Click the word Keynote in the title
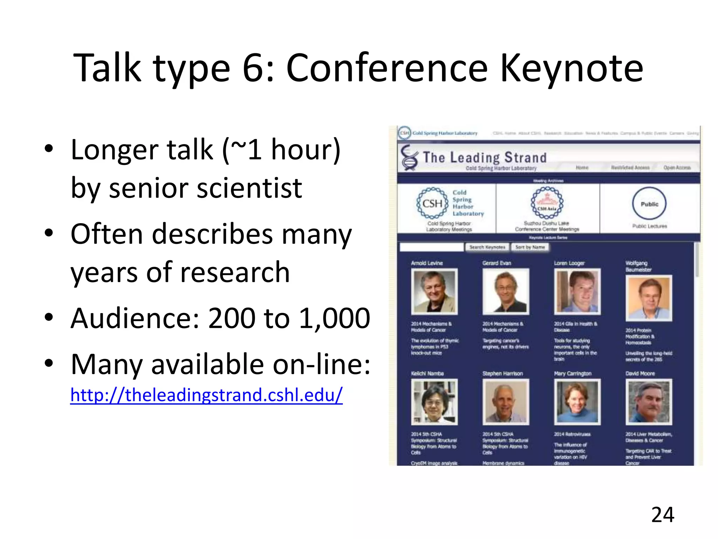571,68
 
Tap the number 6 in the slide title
253,68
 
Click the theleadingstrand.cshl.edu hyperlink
206,395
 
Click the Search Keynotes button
487,247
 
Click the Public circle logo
649,204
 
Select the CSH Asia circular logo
547,203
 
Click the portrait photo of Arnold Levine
434,292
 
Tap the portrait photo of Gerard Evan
506,292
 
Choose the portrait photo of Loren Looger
577,292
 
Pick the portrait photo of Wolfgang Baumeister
649,298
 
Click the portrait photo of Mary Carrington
577,402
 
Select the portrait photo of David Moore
649,402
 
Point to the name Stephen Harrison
502,374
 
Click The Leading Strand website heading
485,158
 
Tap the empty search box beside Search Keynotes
432,247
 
